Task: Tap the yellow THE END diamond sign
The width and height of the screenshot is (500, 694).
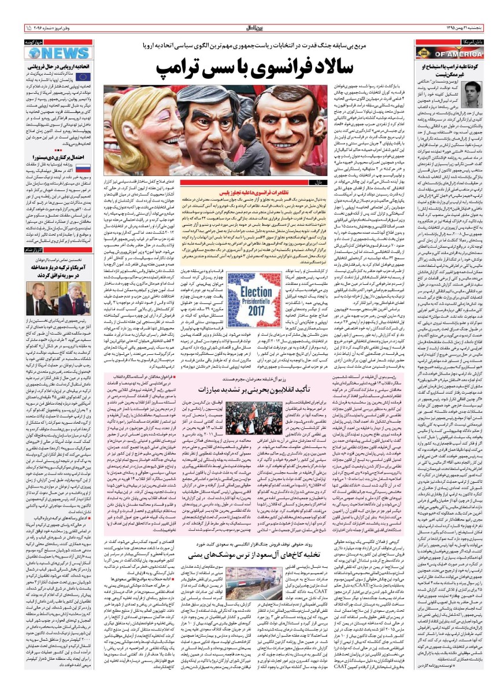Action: pyautogui.click(x=424, y=53)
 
